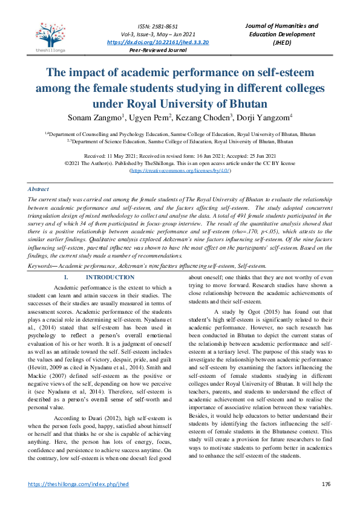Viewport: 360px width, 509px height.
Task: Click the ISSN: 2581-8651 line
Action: (x=158, y=26)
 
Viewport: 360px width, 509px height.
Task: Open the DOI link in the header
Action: (x=158, y=42)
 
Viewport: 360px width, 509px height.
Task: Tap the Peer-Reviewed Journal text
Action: (x=158, y=51)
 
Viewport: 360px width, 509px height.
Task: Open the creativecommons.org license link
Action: (x=180, y=171)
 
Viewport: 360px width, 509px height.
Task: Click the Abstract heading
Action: (x=39, y=189)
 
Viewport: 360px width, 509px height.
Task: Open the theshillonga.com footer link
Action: (x=79, y=484)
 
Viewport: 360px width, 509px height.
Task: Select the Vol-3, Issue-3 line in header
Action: (x=158, y=34)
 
